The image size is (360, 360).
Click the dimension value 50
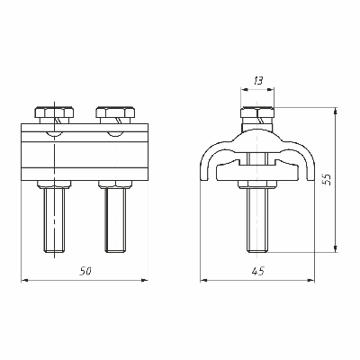[85, 271]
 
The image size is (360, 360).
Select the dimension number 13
[258, 80]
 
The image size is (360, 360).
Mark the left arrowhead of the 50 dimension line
[24, 280]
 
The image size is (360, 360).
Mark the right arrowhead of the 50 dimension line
[145, 280]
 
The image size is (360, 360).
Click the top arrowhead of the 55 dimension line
[335, 110]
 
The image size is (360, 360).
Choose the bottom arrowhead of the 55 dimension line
[335, 251]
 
